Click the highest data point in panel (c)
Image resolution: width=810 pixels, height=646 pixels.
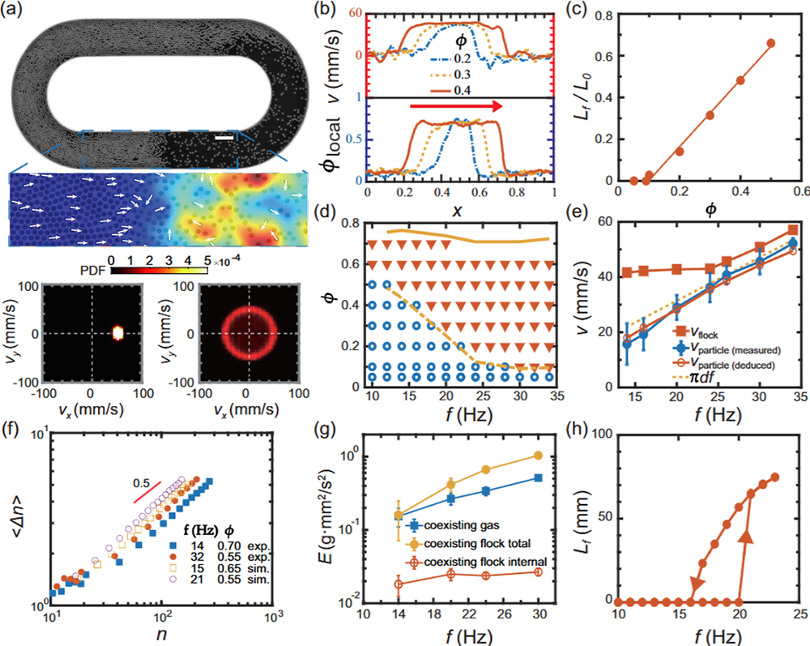(x=770, y=43)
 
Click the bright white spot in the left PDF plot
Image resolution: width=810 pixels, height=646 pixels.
(x=117, y=332)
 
